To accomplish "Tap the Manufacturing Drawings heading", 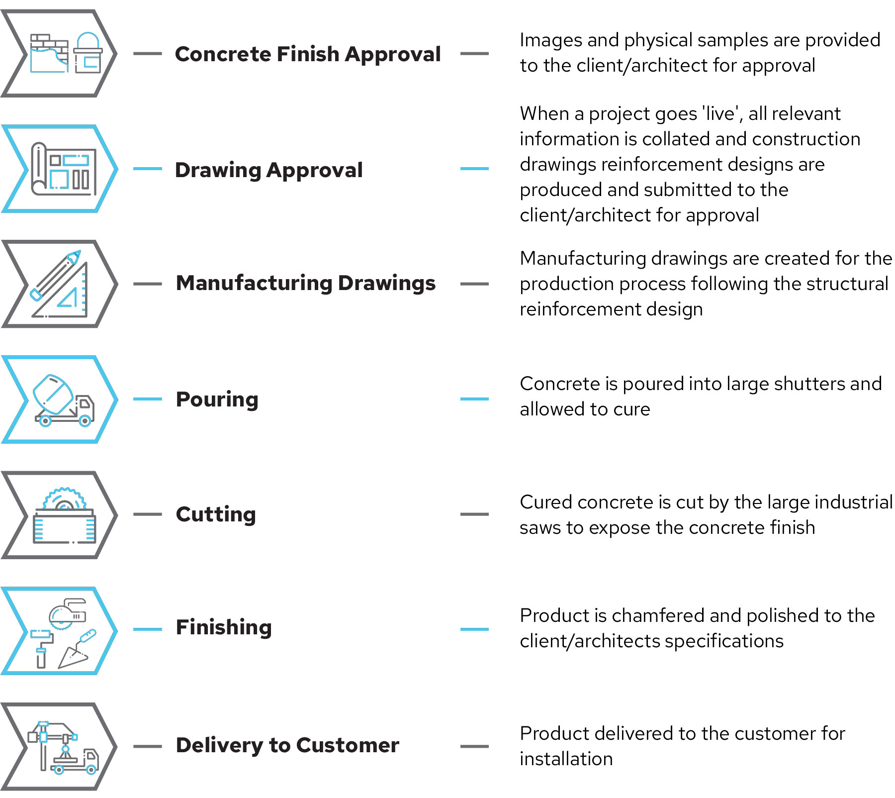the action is (306, 284).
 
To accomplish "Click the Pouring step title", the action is (217, 399).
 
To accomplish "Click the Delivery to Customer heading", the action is (287, 745).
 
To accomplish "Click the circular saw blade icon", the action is (64, 499).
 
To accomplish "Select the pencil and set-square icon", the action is (60, 284).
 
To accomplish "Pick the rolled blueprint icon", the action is (64, 169).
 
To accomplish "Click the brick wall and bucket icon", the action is (66, 53).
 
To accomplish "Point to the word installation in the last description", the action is (566, 759).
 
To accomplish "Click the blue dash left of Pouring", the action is (148, 399).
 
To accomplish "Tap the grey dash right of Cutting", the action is (474, 514).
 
